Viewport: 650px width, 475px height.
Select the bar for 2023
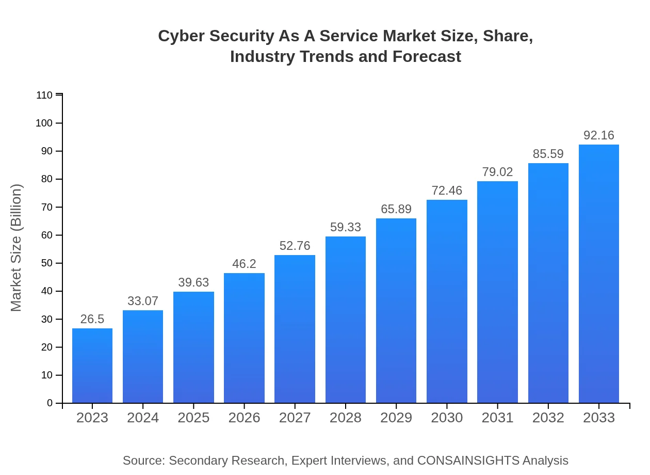[92, 366]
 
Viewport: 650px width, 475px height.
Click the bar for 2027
[295, 329]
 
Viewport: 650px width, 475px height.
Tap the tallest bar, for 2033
[598, 274]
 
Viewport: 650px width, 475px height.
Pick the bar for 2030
[447, 301]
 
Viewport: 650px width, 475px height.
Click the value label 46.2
[244, 264]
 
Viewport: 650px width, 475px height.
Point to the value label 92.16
[598, 135]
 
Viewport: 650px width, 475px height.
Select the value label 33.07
[143, 301]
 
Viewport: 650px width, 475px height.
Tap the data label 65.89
[396, 209]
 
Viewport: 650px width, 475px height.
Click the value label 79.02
[497, 172]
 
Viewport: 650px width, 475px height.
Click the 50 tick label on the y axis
[46, 263]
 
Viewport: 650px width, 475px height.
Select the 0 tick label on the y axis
[50, 403]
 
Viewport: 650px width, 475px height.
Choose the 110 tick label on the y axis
[44, 96]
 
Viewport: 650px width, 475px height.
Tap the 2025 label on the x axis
[193, 418]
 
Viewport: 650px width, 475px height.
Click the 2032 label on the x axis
[548, 418]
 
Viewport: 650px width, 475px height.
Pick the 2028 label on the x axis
[346, 418]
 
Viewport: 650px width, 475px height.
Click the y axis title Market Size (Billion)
[17, 248]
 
